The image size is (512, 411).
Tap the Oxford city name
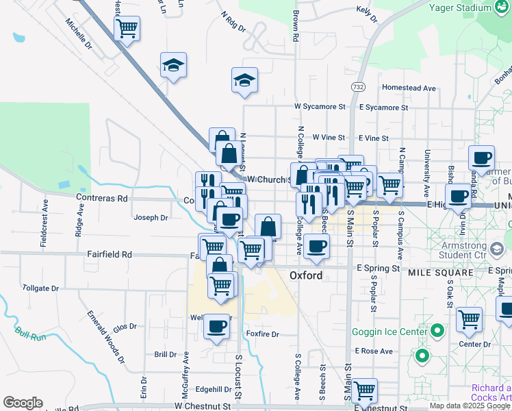306,275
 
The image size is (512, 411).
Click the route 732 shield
357,87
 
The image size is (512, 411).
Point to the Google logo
23,403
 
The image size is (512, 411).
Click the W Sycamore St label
320,107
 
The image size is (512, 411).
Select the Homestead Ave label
409,88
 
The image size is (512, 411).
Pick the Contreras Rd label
103,198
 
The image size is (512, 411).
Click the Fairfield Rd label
110,253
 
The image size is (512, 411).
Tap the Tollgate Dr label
40,288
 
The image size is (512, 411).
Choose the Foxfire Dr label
262,334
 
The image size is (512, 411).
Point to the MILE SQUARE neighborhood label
441,273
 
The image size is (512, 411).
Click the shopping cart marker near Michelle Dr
127,29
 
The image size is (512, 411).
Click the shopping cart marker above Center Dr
469,319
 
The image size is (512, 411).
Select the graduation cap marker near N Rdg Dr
244,80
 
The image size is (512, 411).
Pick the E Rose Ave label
374,351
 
